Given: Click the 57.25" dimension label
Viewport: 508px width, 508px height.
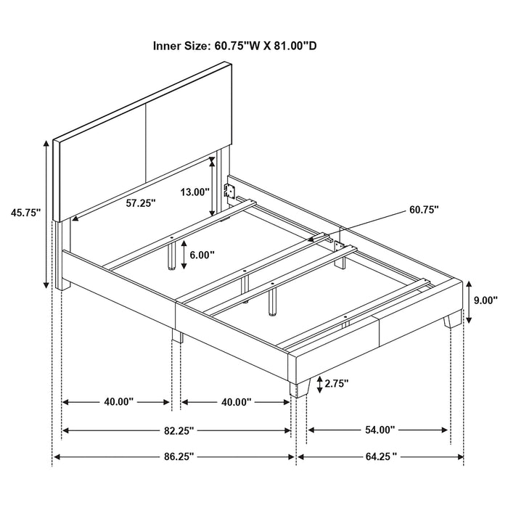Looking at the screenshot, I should [x=141, y=204].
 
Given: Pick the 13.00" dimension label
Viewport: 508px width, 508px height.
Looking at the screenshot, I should [x=195, y=192].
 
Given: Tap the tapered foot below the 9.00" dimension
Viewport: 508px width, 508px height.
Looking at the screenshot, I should [x=454, y=316].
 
